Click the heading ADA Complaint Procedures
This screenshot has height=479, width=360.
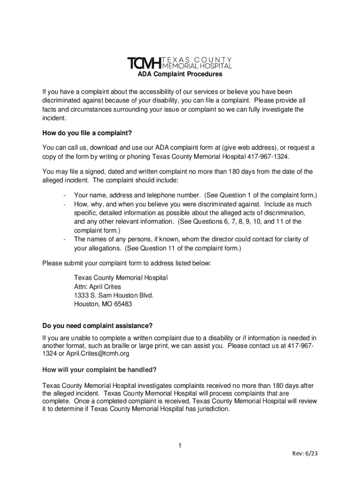pos(180,74)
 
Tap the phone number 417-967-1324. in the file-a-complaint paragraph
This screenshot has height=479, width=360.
pos(265,157)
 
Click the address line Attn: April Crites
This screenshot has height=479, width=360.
pos(97,287)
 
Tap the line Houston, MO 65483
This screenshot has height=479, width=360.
pos(103,305)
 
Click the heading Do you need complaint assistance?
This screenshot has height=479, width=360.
pos(97,326)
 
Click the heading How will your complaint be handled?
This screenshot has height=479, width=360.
pos(99,370)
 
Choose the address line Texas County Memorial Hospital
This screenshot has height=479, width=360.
pos(121,278)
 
